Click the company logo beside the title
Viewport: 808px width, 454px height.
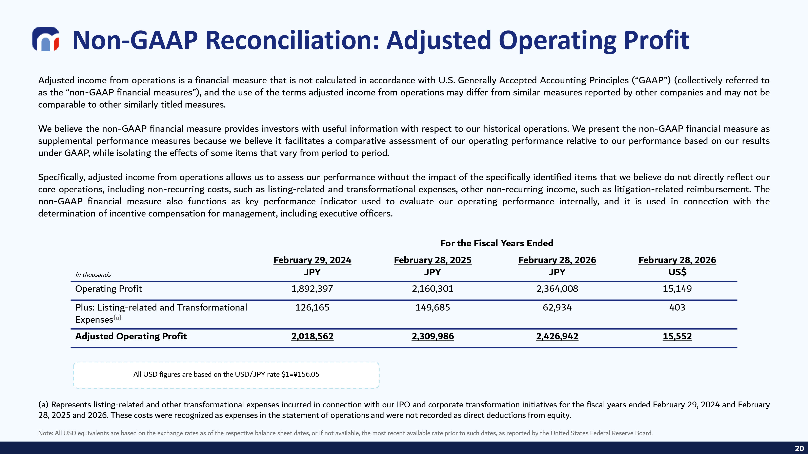pyautogui.click(x=46, y=39)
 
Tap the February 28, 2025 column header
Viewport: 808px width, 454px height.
pyautogui.click(x=432, y=260)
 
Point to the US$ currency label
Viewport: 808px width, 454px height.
pyautogui.click(x=677, y=272)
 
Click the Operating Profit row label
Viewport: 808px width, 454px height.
pyautogui.click(x=108, y=289)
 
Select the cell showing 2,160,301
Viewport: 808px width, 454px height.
pyautogui.click(x=432, y=289)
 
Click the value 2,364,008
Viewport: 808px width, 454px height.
pyautogui.click(x=557, y=289)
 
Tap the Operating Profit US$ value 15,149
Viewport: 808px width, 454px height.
pyautogui.click(x=677, y=289)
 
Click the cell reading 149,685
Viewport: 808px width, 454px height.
pyautogui.click(x=432, y=307)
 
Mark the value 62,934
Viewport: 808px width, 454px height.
pyautogui.click(x=557, y=307)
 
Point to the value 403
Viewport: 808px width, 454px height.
pyautogui.click(x=677, y=307)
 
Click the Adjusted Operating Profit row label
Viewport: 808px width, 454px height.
pyautogui.click(x=131, y=336)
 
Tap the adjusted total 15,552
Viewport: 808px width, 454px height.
pyautogui.click(x=677, y=336)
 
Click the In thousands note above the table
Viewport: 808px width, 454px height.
pyautogui.click(x=93, y=274)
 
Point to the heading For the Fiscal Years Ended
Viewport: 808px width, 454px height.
pyautogui.click(x=497, y=243)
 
